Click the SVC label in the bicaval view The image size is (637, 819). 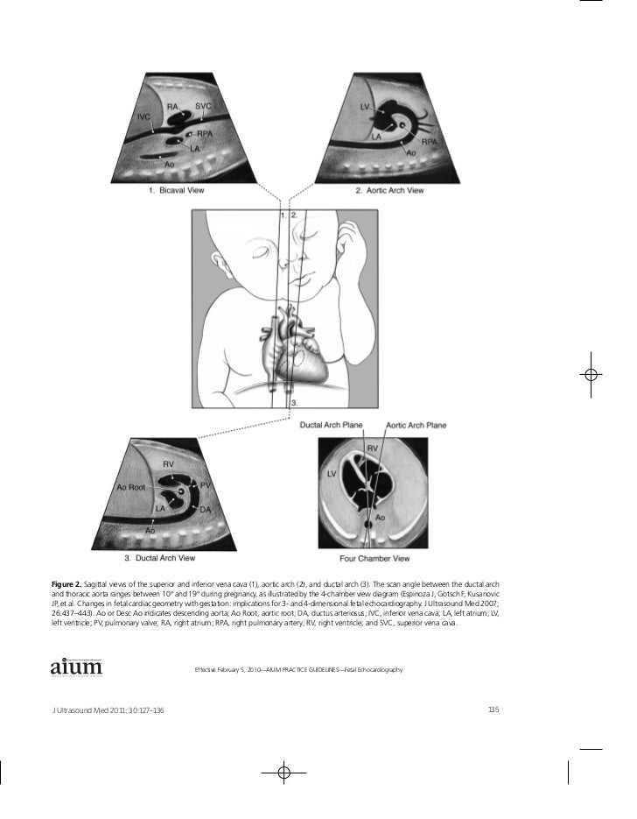tap(203, 105)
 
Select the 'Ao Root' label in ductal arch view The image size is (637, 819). tap(130, 487)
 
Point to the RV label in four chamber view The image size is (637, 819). tap(372, 448)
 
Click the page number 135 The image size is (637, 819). tap(492, 708)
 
